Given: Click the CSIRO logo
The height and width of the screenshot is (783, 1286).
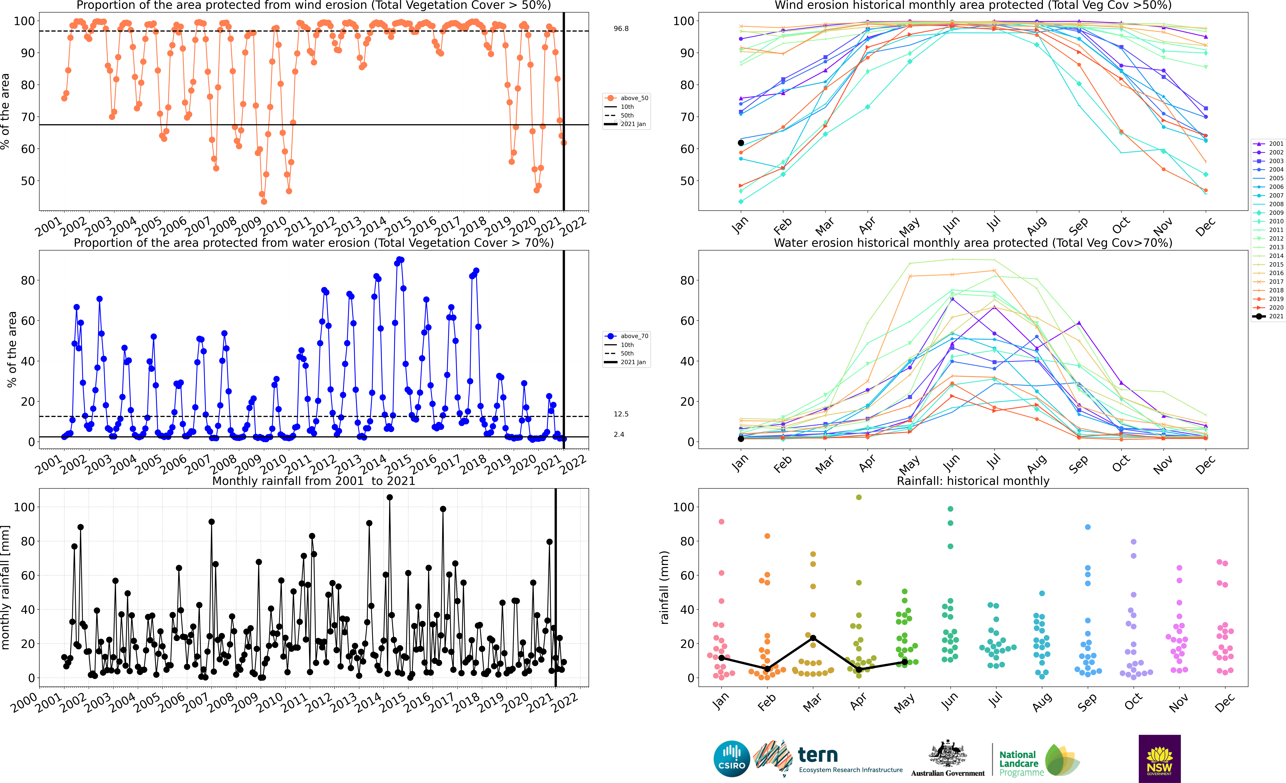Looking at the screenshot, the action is pos(732,758).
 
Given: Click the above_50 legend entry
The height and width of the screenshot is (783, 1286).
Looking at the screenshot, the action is pos(626,98).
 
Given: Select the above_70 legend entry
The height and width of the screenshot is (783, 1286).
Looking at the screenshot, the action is pos(626,336).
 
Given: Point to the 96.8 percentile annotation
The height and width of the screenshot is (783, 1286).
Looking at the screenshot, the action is pos(621,29).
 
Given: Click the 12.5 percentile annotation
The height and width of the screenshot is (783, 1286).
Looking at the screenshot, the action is pos(621,414).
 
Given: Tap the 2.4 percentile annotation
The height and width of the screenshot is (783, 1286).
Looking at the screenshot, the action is pos(619,434).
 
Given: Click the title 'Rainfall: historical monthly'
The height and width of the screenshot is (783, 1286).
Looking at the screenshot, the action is pos(973,481).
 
